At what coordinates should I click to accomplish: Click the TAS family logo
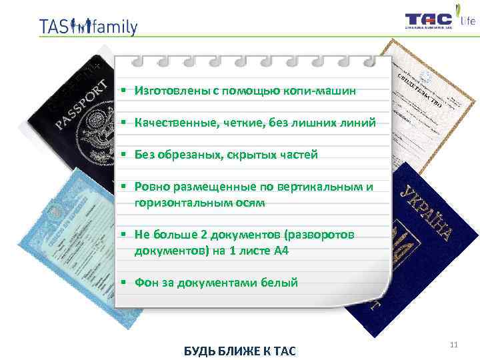point(88,27)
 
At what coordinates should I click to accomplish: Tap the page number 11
point(454,345)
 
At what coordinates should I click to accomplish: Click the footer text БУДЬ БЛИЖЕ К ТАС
point(239,351)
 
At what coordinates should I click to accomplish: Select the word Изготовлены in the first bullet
point(166,90)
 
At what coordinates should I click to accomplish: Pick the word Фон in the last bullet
point(145,283)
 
